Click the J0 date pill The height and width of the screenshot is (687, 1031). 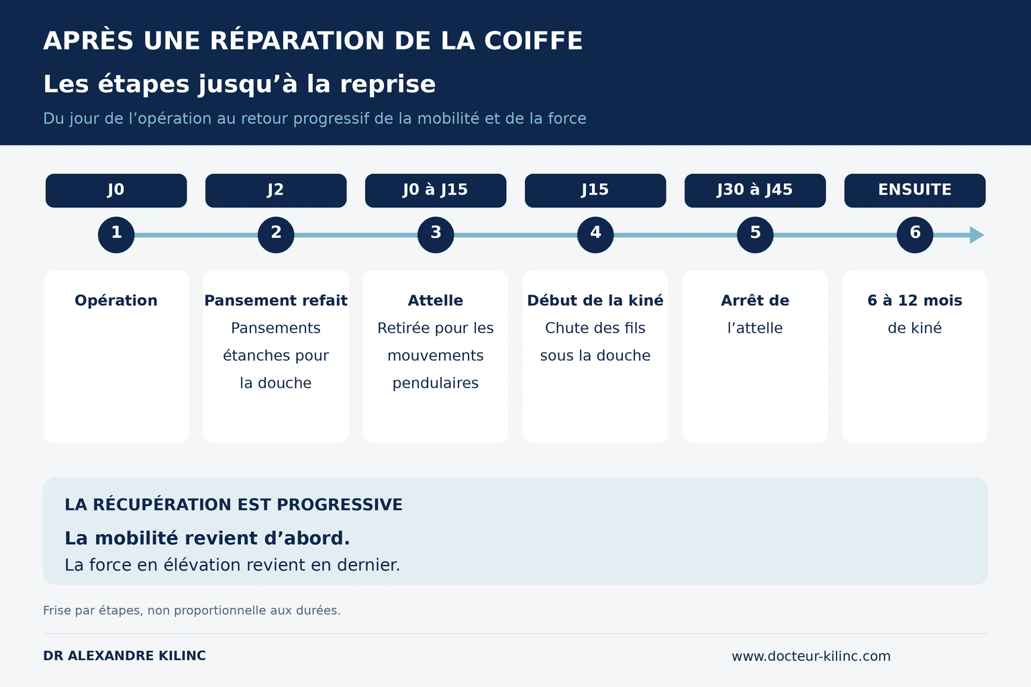tap(116, 191)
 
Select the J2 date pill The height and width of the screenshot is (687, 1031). tap(276, 191)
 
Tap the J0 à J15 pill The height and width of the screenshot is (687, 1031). tap(436, 191)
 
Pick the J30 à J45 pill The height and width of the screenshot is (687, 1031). tap(755, 191)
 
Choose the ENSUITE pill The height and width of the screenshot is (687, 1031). tap(915, 191)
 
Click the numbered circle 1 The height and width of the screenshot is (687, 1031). tap(116, 235)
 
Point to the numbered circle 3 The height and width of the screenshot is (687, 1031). tap(436, 235)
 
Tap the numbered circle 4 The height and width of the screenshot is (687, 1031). tap(595, 235)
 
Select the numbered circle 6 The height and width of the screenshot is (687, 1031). tap(915, 235)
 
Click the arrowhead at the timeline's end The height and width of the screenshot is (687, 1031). tap(977, 235)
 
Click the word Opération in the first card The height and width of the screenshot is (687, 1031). tap(116, 301)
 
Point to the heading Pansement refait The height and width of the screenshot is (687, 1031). tap(276, 301)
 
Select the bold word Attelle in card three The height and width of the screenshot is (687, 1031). tap(436, 301)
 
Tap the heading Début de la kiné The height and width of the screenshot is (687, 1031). tap(595, 301)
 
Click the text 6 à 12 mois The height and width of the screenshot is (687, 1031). tap(915, 301)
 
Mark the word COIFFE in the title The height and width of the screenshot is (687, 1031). tap(534, 40)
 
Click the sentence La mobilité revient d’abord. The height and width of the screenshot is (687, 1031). tap(207, 538)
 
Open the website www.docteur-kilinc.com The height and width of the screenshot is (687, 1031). tap(811, 655)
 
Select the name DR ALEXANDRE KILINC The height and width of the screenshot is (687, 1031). tap(124, 655)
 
